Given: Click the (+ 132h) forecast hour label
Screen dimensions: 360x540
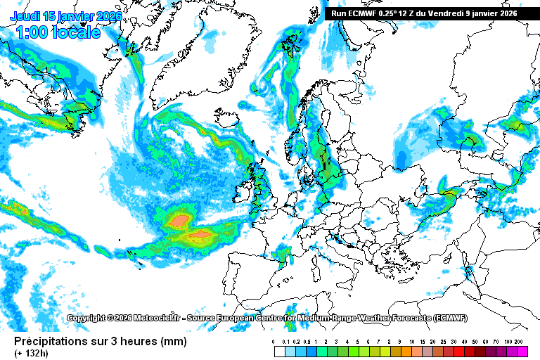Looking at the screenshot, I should coord(32,354).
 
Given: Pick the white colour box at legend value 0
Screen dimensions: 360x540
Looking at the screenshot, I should coord(279,351).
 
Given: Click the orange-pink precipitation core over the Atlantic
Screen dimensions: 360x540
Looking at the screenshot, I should coord(179,221).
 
